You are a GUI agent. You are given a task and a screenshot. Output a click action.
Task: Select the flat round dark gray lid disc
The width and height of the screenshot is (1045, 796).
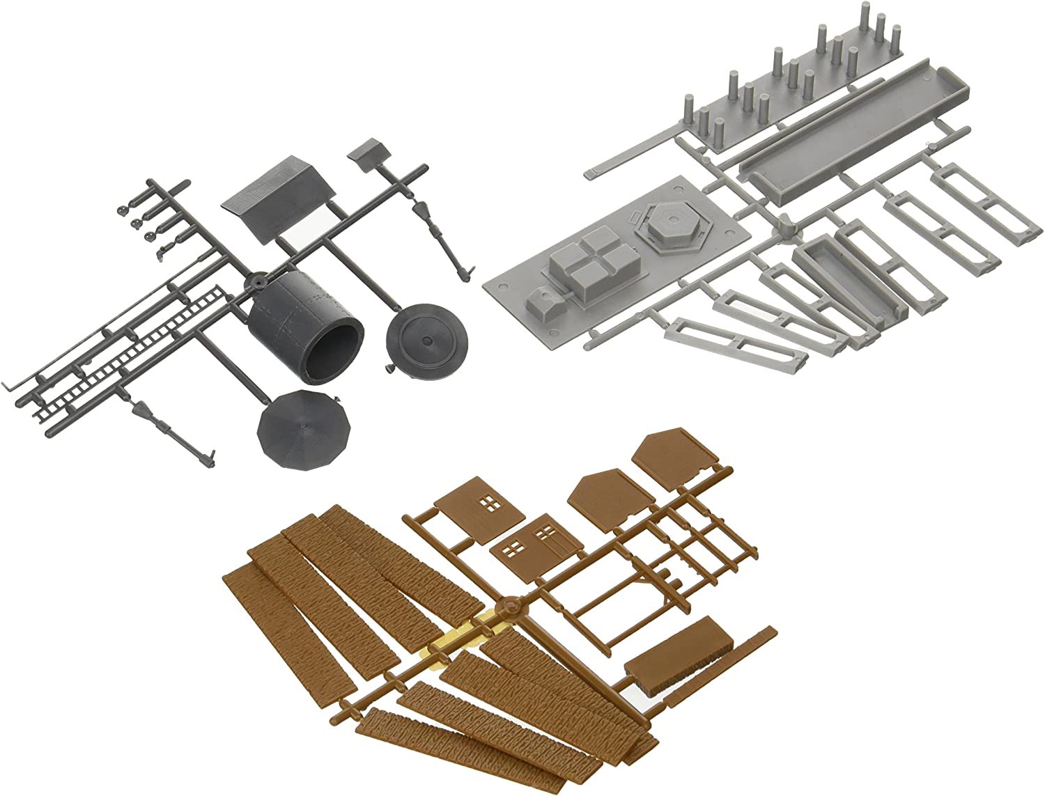(427, 341)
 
